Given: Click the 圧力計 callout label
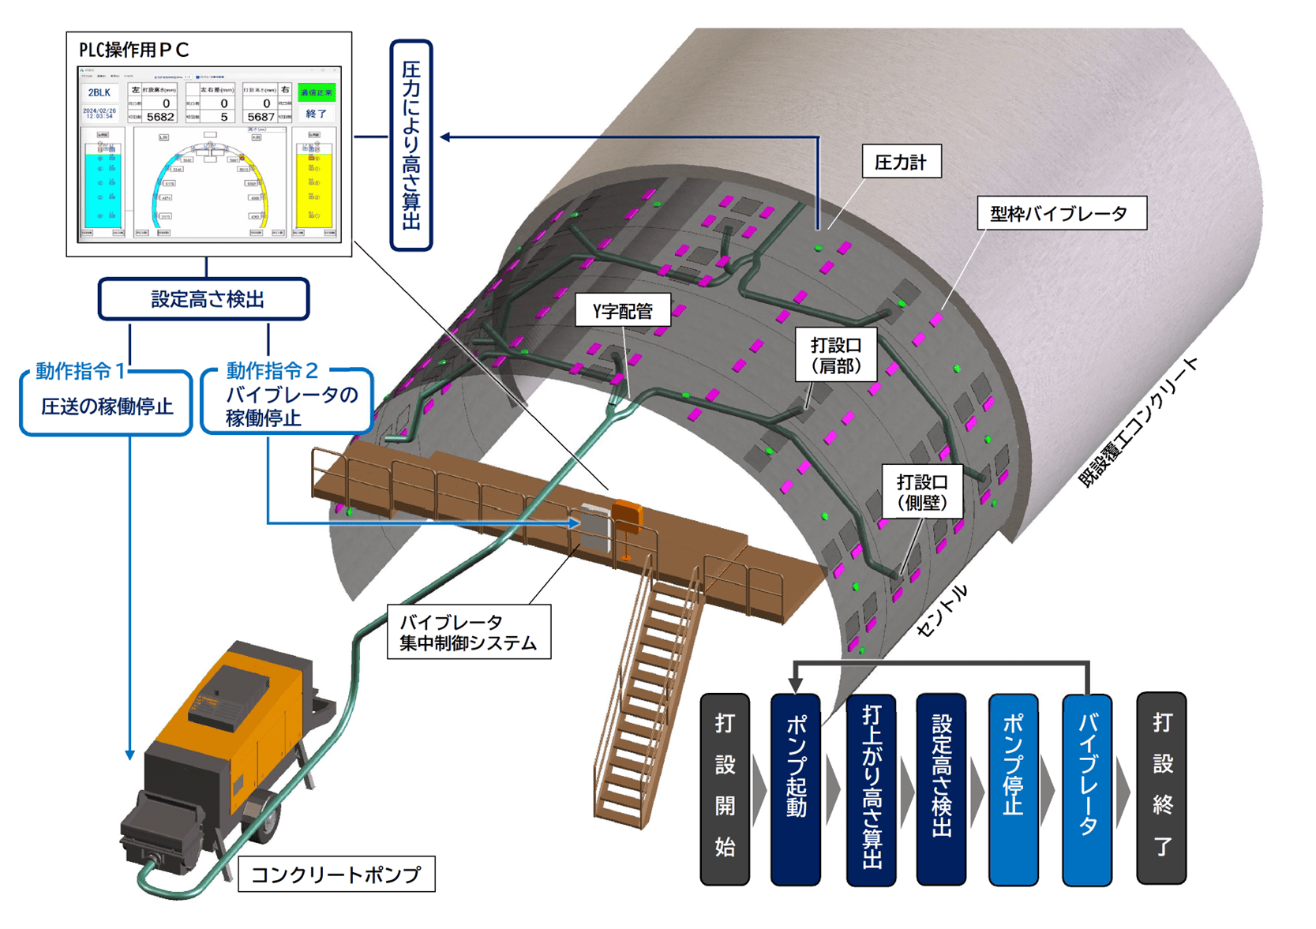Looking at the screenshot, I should [901, 163].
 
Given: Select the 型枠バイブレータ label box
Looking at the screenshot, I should [1061, 213].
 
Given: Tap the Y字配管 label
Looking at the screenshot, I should [623, 311].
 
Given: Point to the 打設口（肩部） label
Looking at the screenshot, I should [836, 355].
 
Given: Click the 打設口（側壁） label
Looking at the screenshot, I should [921, 492].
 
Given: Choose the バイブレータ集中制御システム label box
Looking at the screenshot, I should [468, 632].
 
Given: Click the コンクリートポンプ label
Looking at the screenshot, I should [336, 875].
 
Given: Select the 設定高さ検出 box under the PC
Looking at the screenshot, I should [204, 299].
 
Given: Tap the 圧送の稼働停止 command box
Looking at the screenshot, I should [107, 406].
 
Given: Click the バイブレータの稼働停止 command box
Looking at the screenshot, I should [287, 406].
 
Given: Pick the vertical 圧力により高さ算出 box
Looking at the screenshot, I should [411, 146].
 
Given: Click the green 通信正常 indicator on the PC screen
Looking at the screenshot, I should [317, 92].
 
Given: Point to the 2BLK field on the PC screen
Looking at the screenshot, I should [99, 93].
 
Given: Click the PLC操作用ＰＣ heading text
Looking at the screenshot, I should [134, 50].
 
